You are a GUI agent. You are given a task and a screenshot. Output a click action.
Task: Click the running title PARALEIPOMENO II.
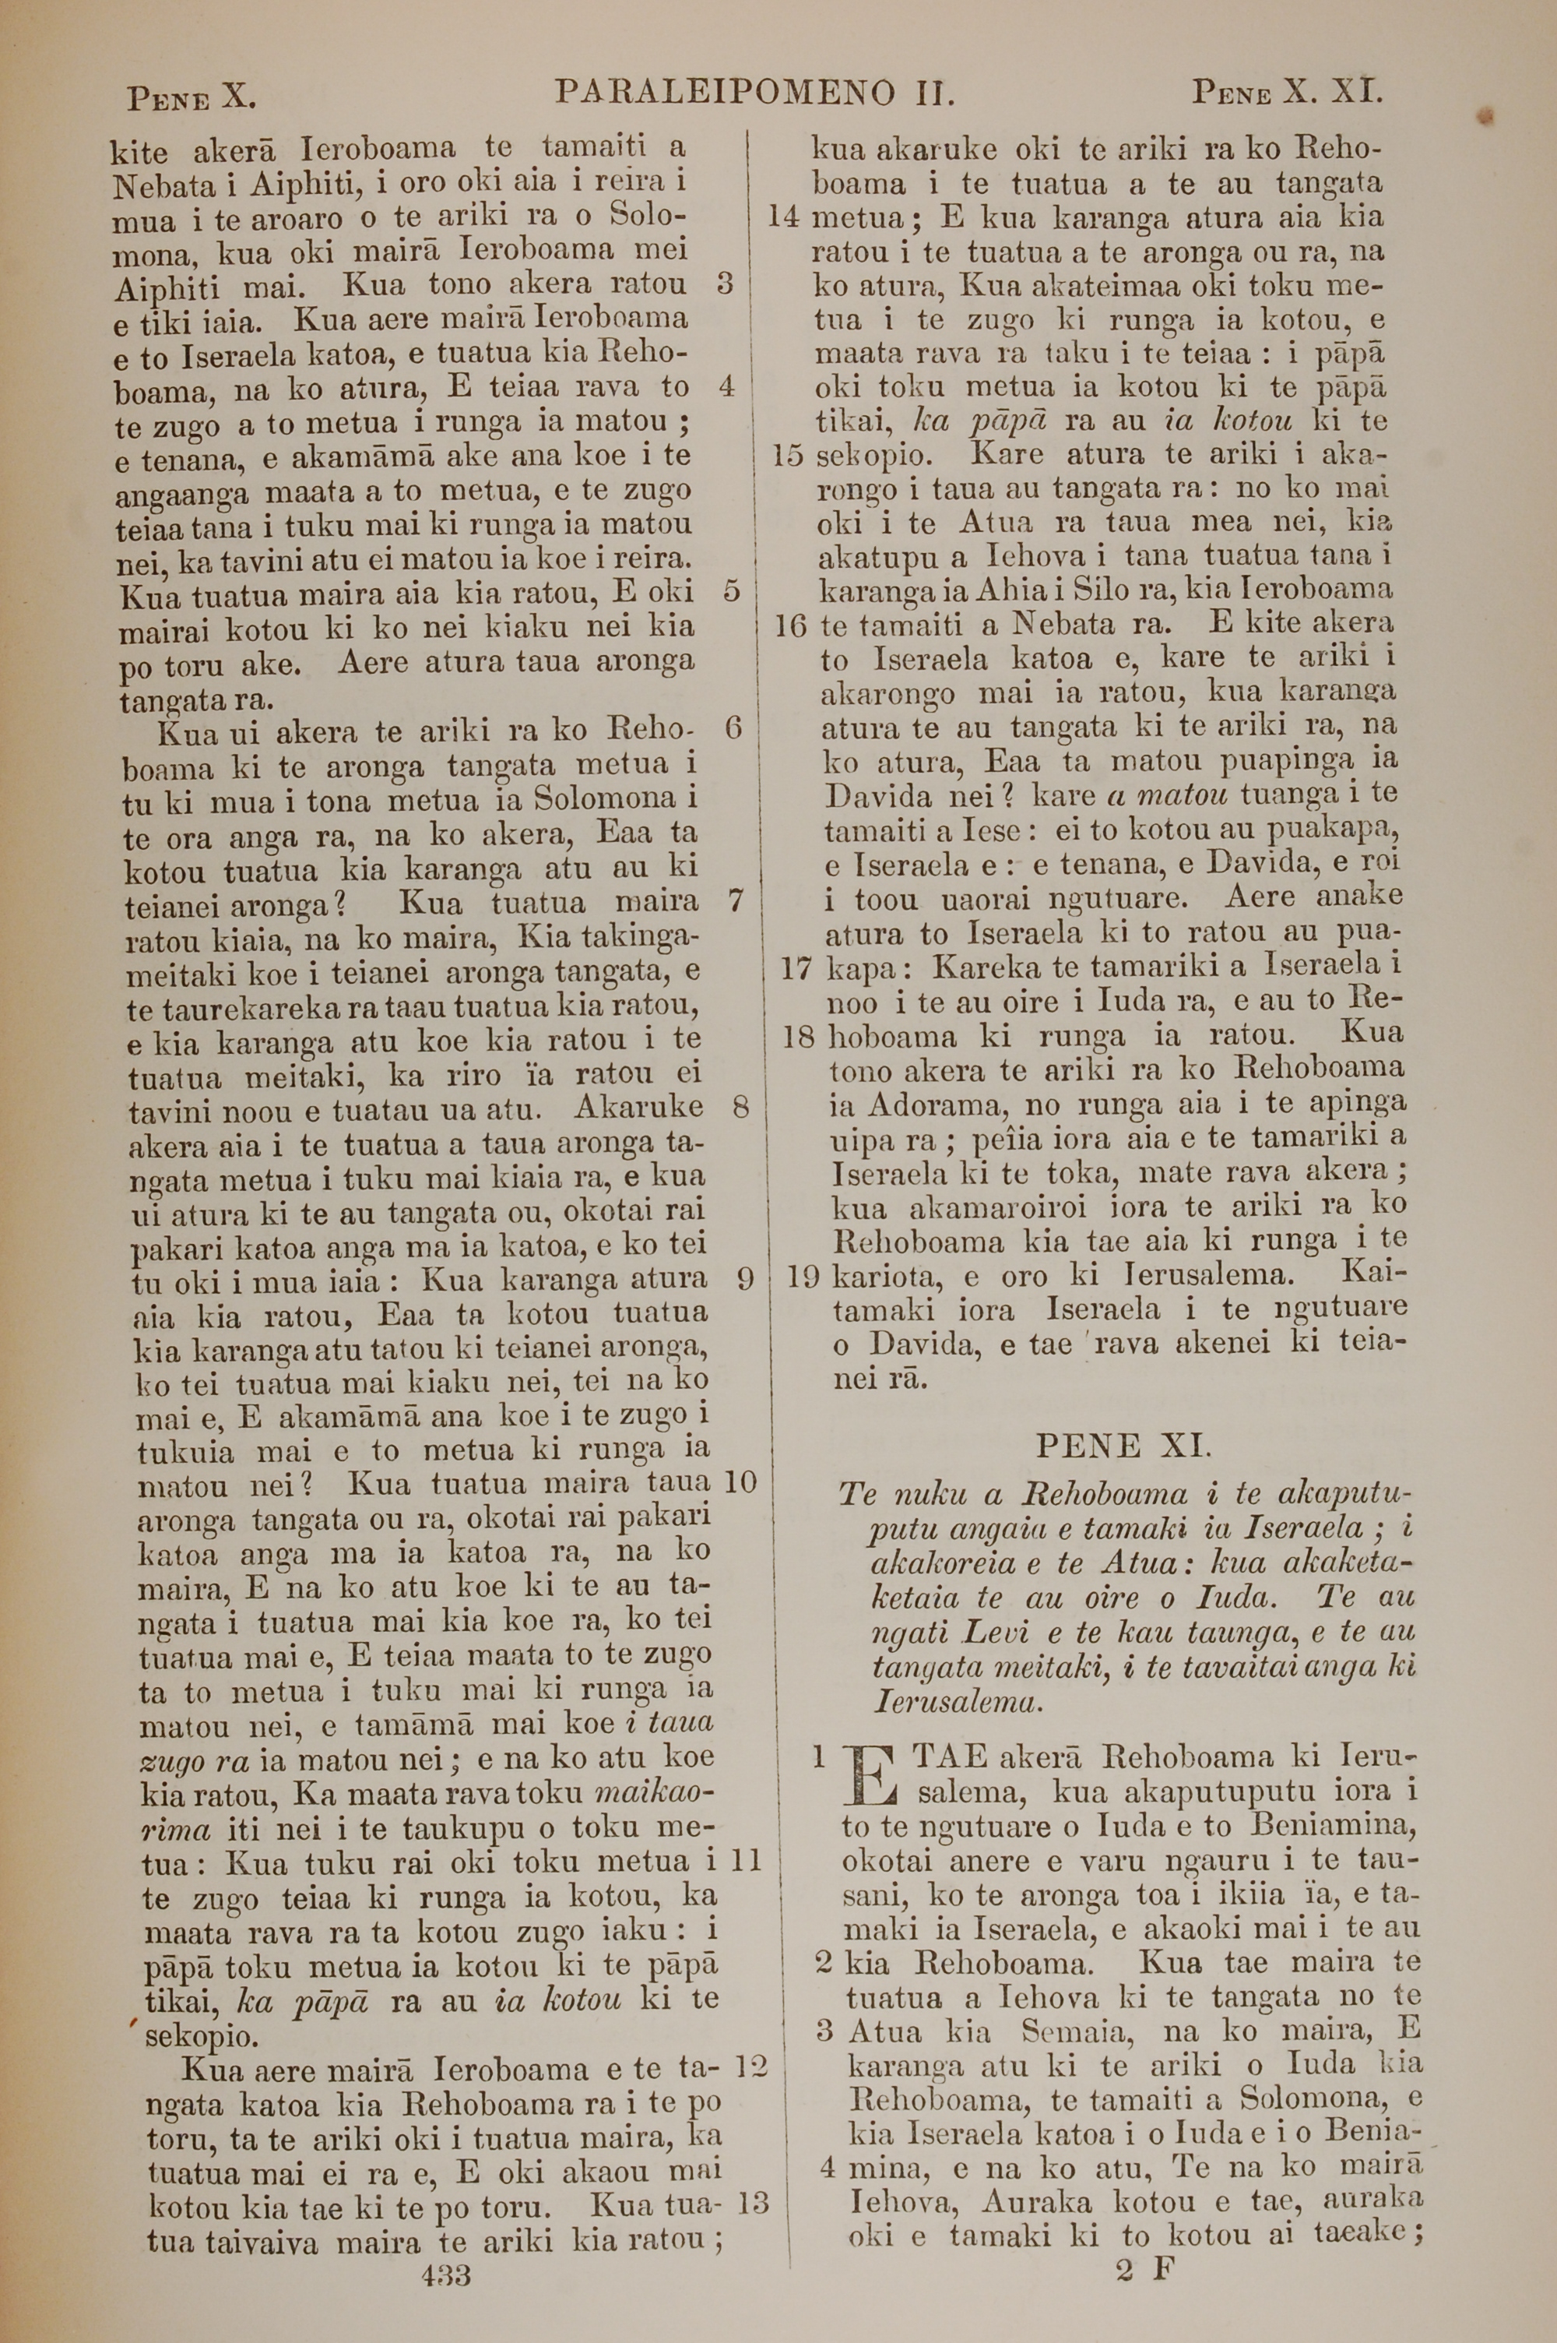(x=754, y=93)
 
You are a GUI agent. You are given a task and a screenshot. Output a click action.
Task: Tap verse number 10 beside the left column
(x=741, y=1483)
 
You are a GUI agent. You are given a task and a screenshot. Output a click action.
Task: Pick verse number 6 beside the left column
(x=734, y=728)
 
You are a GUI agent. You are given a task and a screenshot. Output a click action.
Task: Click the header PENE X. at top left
(x=192, y=97)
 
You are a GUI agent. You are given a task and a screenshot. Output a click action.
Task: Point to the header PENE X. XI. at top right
(x=1287, y=94)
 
